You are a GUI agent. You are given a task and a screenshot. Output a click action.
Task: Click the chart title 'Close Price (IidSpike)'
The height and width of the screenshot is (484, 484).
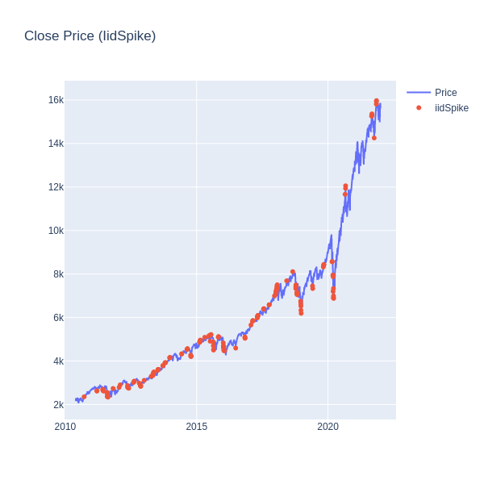(x=90, y=35)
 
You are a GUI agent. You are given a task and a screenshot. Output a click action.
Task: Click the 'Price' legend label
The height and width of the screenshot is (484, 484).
(x=445, y=93)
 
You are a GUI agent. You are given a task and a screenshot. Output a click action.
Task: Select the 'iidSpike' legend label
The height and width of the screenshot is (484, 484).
(x=451, y=108)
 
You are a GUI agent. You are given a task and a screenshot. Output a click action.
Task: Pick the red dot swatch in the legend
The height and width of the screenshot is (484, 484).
(x=419, y=108)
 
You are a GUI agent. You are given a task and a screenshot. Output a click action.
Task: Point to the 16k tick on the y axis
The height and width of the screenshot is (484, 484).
(x=55, y=100)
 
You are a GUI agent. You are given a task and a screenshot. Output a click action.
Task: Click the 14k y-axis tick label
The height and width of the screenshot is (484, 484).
(x=55, y=144)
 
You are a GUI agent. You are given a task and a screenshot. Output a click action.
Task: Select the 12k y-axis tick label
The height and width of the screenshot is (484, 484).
(x=55, y=187)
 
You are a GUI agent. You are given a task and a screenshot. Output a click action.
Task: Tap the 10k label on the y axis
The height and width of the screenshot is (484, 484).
(x=55, y=231)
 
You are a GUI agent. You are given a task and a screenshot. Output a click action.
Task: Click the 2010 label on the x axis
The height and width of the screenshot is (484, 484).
(x=65, y=427)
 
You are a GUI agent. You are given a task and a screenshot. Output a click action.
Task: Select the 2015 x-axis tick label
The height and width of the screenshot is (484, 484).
(x=196, y=427)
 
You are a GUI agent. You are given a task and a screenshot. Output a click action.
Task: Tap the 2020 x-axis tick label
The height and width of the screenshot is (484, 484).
(x=328, y=427)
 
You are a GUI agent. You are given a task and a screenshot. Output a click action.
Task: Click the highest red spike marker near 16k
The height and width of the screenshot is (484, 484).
(x=376, y=101)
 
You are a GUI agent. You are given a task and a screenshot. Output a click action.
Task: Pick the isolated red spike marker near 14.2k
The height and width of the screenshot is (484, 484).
(x=373, y=138)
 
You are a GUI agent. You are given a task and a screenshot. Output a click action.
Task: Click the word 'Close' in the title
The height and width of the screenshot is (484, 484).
(x=41, y=35)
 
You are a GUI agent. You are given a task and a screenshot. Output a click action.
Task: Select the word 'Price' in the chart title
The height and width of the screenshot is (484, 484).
(x=79, y=35)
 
